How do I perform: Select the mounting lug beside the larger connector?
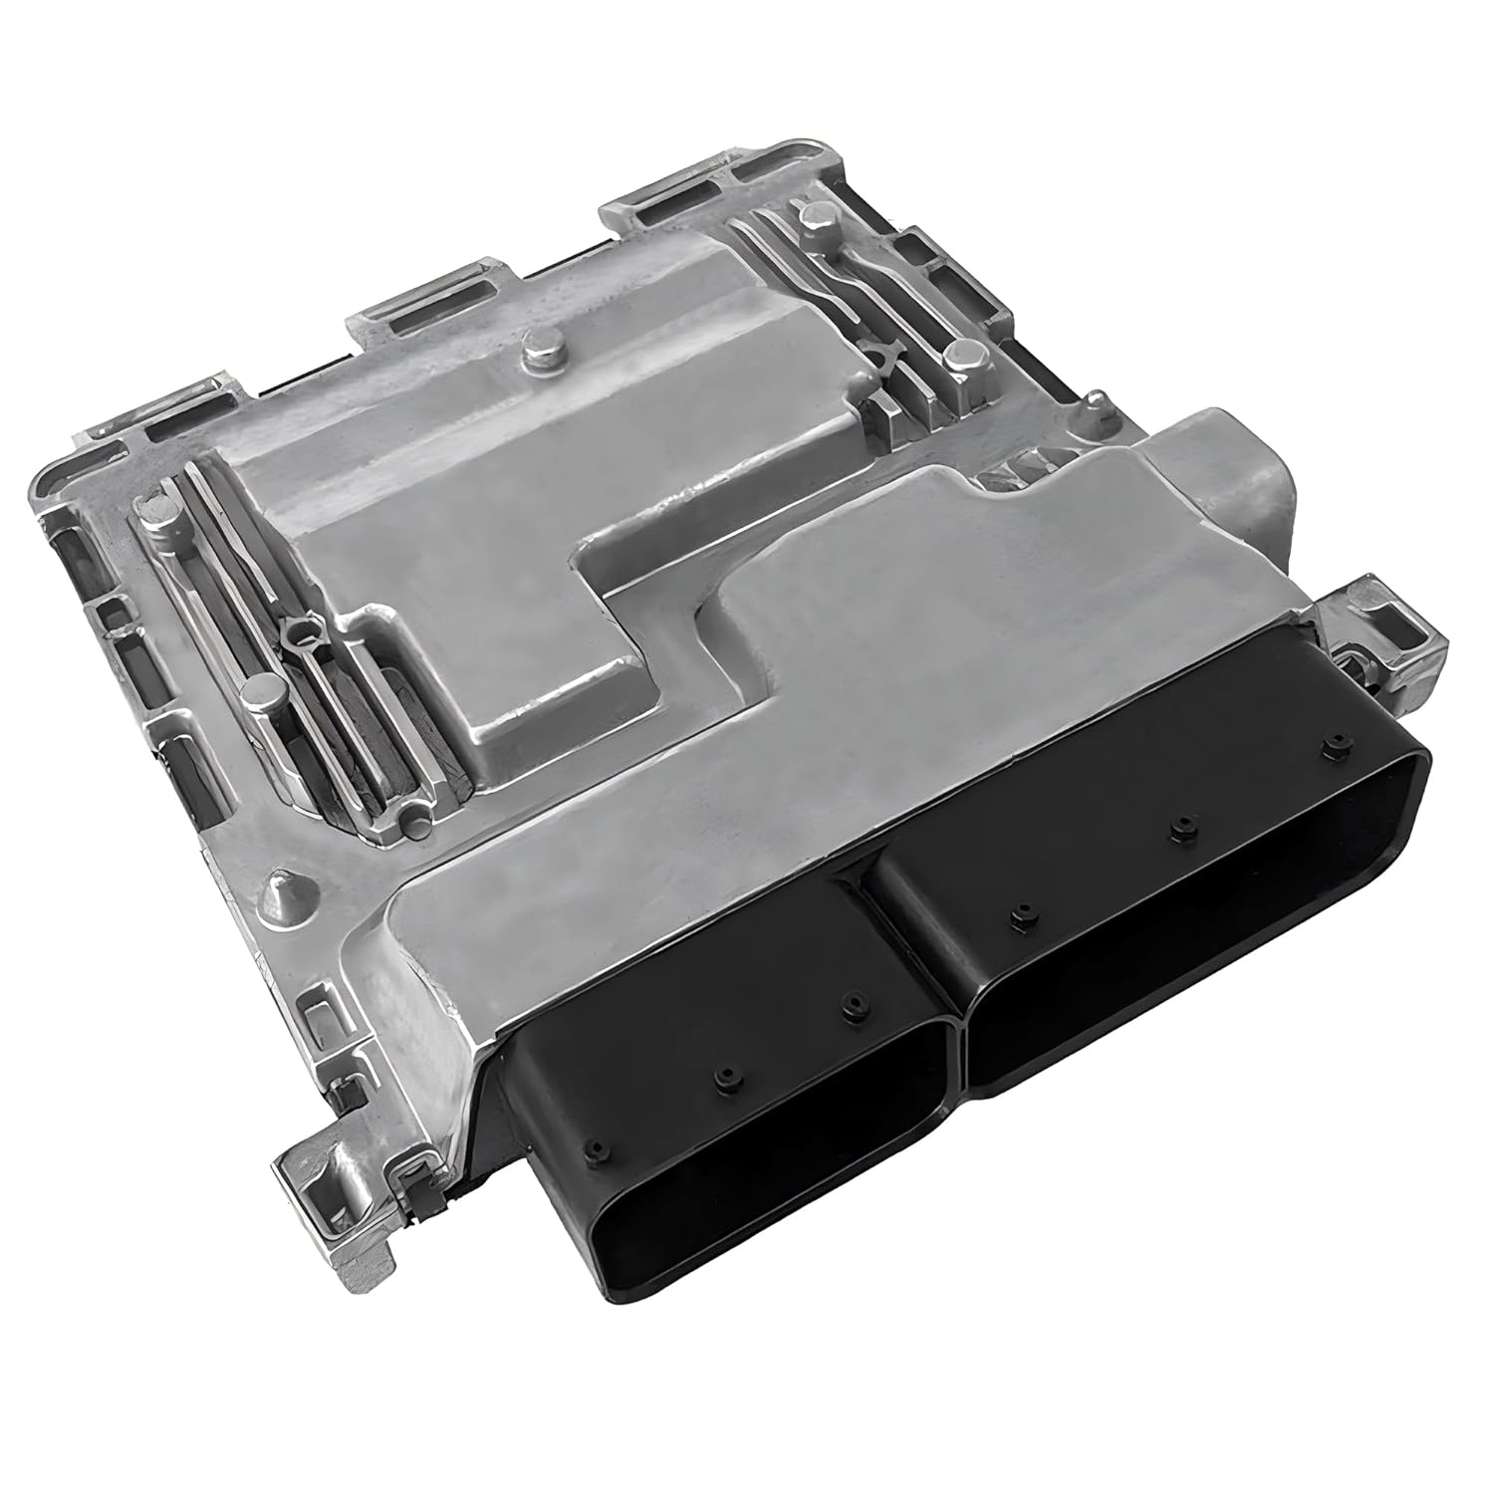(1389, 622)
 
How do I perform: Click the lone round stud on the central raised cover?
(539, 349)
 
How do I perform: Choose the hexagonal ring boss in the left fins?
(296, 632)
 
